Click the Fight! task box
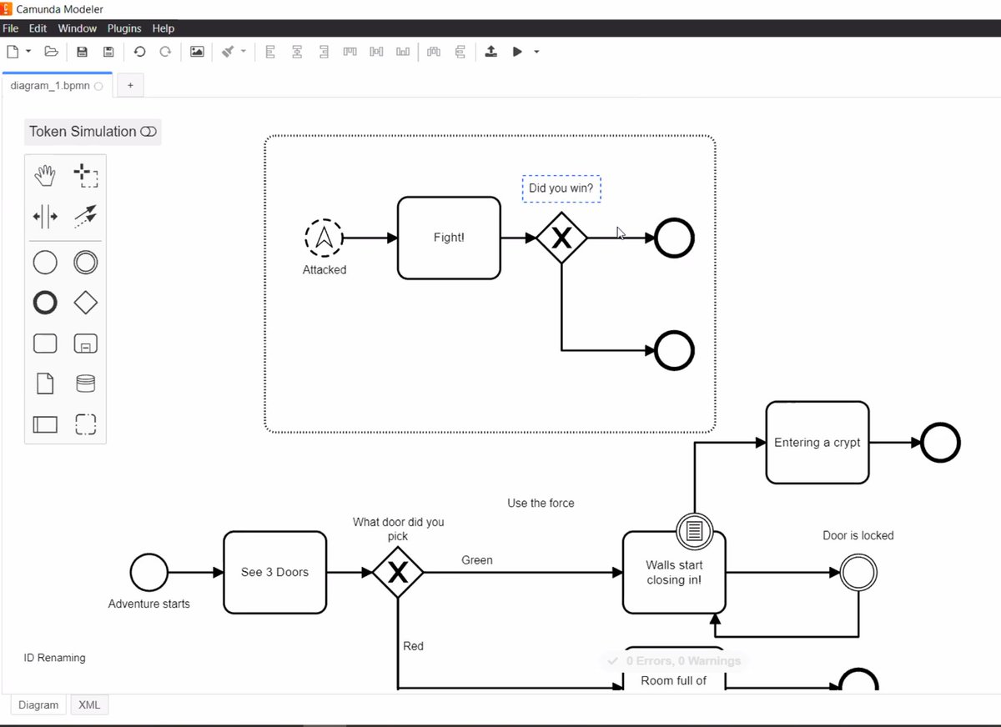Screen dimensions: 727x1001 click(x=449, y=238)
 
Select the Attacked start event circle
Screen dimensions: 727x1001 click(x=324, y=238)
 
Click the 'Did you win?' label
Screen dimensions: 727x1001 click(x=561, y=188)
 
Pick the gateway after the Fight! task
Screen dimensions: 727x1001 click(x=561, y=238)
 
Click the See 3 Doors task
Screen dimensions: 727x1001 click(x=274, y=572)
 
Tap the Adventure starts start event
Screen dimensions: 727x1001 click(x=148, y=573)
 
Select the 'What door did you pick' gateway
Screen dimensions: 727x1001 click(x=398, y=573)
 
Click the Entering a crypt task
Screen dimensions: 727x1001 click(x=817, y=443)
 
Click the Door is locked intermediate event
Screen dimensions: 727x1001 click(x=858, y=573)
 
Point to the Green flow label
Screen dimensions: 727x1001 click(x=477, y=560)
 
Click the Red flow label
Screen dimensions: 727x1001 click(x=414, y=646)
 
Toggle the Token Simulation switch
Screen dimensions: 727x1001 click(x=148, y=132)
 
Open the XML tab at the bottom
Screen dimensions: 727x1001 click(x=89, y=704)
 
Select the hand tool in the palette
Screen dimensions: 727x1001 click(x=45, y=176)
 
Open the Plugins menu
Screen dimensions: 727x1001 click(x=123, y=28)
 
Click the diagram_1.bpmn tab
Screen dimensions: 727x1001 click(x=50, y=85)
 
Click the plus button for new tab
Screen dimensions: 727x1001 click(x=130, y=85)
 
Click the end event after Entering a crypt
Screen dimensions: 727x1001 click(x=940, y=443)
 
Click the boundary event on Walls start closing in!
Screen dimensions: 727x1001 click(x=694, y=530)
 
